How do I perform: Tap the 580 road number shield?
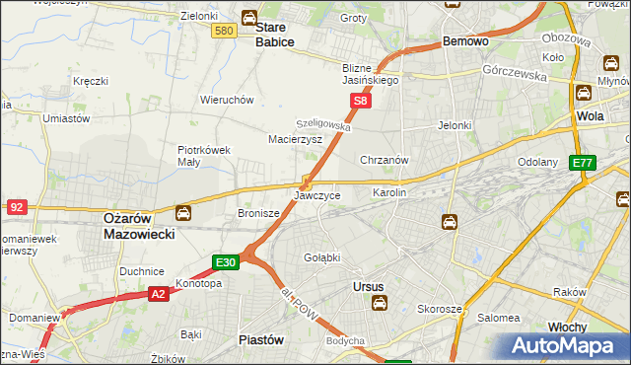point(224,32)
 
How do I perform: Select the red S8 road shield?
point(362,101)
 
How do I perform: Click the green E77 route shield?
point(582,163)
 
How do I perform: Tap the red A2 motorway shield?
point(158,294)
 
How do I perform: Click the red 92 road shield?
point(16,207)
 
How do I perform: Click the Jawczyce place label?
point(317,196)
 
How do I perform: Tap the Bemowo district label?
point(466,42)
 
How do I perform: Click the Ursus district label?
point(367,287)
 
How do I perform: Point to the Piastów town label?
point(261,338)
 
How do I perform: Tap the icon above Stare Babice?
point(250,16)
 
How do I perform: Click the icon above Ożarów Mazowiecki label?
point(183,211)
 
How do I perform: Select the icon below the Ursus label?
point(379,304)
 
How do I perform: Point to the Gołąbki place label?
point(321,257)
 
